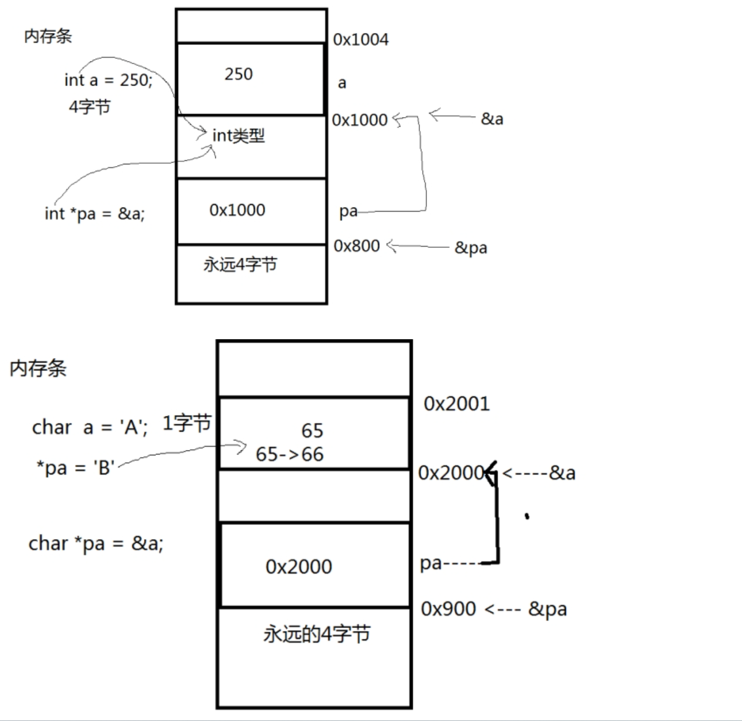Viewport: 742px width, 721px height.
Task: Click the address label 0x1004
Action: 360,40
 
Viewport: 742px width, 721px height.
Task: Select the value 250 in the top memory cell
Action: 239,74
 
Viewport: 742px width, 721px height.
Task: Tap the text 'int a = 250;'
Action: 108,80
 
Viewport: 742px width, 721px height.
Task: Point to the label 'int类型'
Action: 239,136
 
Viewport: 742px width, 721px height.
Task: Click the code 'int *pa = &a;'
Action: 94,213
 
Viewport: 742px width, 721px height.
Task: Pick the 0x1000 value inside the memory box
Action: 237,210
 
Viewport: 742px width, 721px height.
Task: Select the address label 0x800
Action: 356,246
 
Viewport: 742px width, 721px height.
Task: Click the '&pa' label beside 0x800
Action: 471,248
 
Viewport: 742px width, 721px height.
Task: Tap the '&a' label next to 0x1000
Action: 492,119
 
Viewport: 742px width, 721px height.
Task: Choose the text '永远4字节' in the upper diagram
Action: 240,265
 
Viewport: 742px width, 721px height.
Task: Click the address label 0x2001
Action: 456,404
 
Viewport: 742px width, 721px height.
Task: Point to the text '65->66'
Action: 289,454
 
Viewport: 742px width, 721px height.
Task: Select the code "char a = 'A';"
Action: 90,427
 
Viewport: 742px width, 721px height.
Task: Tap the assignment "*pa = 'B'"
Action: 75,467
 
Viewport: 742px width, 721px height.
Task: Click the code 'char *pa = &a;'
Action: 96,543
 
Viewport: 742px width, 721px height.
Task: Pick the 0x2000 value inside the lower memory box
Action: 299,567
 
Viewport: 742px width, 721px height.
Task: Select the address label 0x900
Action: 449,609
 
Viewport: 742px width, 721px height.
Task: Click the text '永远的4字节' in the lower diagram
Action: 317,634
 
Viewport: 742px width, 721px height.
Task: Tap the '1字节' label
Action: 187,424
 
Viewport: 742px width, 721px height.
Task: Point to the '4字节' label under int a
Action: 89,107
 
